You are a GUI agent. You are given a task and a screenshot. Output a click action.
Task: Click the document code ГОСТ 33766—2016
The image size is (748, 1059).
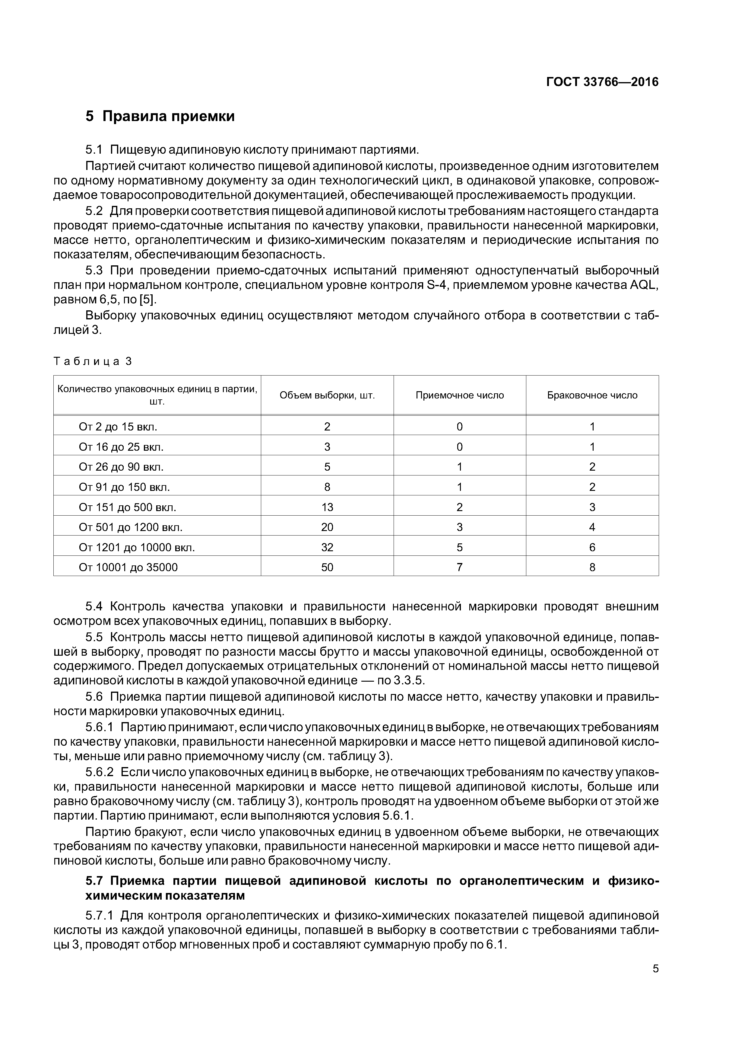602,82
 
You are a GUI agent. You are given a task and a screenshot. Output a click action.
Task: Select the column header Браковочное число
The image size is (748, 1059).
592,395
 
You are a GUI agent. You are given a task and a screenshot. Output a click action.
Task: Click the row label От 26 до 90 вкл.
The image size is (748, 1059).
121,467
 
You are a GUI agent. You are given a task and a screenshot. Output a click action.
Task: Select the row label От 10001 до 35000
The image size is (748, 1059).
128,567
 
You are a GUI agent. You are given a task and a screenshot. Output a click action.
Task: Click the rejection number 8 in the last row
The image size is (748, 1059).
592,567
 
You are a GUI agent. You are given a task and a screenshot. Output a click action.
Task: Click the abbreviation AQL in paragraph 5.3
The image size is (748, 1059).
642,285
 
